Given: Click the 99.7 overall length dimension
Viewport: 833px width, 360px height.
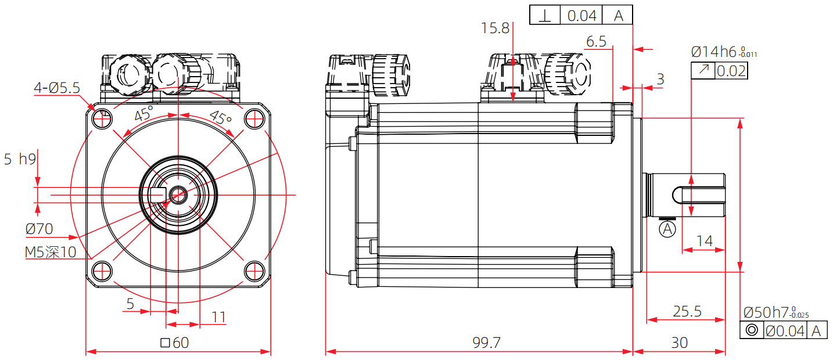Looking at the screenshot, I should (486, 343).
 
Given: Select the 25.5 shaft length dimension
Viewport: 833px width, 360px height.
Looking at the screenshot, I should (687, 311).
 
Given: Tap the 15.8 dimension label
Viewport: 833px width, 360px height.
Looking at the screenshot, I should (495, 27).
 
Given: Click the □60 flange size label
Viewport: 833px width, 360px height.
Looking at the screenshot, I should (174, 343).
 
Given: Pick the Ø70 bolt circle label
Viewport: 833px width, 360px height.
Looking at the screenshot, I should (39, 229).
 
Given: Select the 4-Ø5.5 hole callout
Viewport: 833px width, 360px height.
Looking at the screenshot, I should (56, 88).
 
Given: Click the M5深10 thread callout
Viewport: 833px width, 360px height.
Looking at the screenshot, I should (51, 252).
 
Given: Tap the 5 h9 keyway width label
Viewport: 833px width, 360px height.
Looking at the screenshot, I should (20, 159).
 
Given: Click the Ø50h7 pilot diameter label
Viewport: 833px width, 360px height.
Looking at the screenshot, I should (766, 312).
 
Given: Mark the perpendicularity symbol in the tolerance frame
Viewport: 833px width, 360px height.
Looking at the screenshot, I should (545, 16).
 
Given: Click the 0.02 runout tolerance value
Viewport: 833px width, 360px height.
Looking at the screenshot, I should (731, 71).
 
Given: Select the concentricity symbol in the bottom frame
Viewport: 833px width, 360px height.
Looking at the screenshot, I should (751, 330).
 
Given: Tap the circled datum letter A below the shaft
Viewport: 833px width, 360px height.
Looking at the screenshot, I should (668, 229).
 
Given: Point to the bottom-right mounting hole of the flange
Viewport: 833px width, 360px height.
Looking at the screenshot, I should (254, 271).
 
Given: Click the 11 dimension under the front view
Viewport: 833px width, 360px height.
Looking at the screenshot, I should (218, 317).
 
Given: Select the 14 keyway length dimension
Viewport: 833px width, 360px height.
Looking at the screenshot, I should (704, 240).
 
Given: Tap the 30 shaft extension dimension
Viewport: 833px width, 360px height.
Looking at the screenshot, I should (679, 343).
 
